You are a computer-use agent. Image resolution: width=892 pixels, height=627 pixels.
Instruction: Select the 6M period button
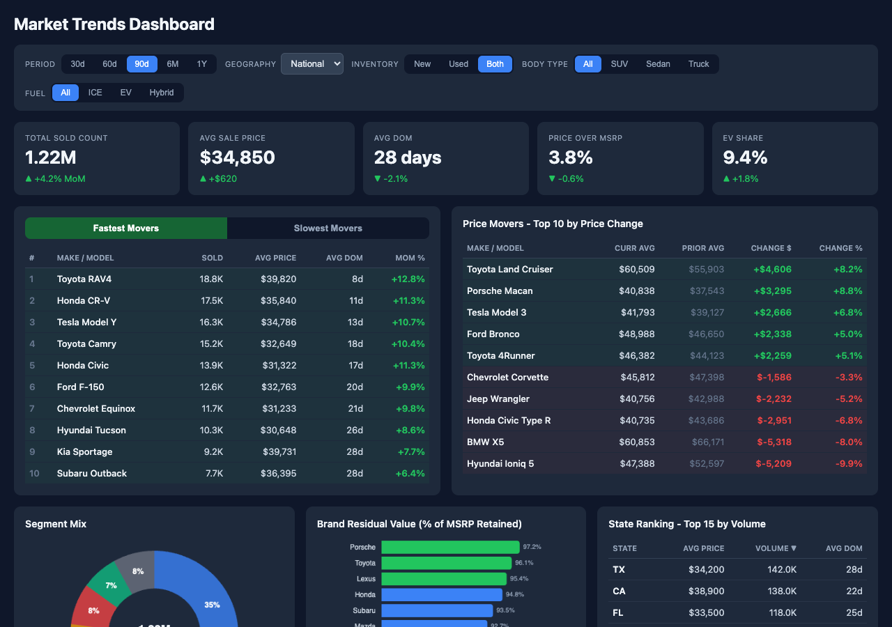click(173, 64)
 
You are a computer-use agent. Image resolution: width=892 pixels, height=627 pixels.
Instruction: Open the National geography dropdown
click(312, 64)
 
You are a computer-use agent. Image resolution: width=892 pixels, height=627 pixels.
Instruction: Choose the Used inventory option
click(459, 64)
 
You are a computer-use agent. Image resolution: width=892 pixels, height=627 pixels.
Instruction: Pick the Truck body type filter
click(698, 64)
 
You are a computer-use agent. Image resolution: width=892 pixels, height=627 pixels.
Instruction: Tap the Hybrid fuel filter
click(162, 93)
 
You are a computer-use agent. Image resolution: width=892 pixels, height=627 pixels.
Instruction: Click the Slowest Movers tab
click(328, 229)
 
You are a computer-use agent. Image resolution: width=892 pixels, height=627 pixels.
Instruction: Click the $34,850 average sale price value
click(238, 157)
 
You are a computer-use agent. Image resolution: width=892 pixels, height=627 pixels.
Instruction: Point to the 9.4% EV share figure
click(745, 157)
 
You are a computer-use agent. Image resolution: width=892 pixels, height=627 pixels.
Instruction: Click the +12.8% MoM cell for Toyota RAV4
click(408, 279)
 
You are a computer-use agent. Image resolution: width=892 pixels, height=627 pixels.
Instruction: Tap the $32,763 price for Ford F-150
click(279, 387)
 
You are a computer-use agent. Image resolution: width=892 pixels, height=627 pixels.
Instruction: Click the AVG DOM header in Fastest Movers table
click(344, 258)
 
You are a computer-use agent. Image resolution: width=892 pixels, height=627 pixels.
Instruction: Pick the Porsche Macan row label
click(500, 291)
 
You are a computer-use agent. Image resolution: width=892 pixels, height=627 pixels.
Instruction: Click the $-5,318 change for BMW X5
click(774, 442)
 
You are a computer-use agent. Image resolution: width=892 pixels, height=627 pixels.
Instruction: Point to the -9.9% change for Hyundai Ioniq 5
click(849, 464)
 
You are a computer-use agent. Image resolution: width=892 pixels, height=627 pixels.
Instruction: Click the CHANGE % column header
click(840, 248)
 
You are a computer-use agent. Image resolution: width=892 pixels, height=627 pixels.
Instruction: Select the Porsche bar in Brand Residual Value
click(450, 548)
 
